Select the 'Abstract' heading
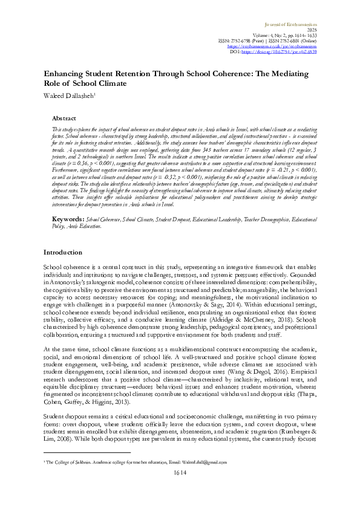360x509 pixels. click(x=81, y=119)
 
